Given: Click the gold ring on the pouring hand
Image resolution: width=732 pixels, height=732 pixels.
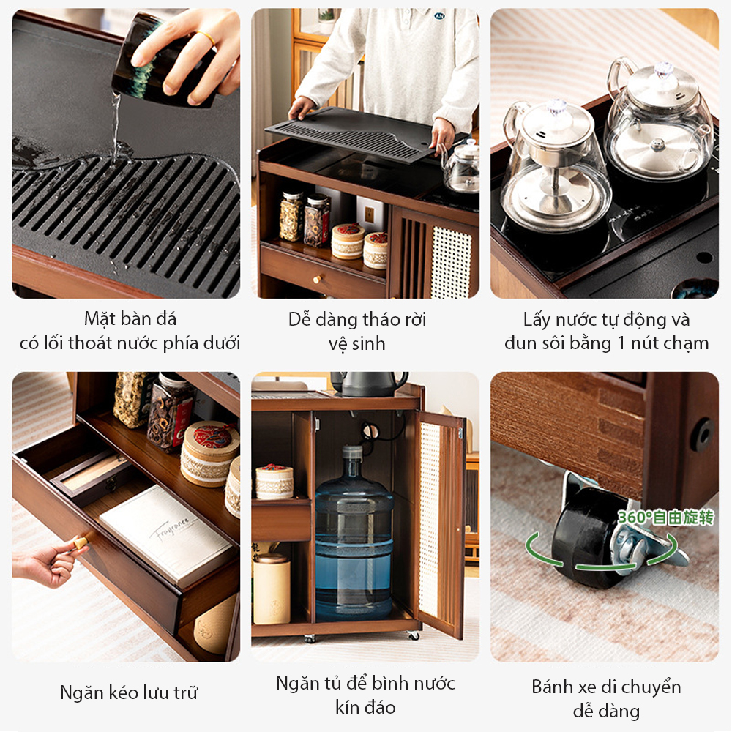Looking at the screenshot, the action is click(205, 38).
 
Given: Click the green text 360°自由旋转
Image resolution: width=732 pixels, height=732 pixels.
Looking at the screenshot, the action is click(666, 518).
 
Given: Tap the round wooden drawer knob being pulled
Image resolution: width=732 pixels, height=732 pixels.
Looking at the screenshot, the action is click(80, 543).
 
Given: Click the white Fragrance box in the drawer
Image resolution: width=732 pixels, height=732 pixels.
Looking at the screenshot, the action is click(165, 534).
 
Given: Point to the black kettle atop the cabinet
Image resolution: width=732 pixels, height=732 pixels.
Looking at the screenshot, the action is click(369, 383).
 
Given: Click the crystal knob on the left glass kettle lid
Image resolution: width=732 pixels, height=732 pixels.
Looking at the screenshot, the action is click(556, 106).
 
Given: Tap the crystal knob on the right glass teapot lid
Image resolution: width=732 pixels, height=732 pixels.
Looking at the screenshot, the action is click(663, 70).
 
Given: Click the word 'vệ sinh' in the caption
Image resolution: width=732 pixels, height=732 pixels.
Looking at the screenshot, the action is click(357, 344).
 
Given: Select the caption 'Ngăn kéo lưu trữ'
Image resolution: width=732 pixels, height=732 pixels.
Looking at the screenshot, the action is click(129, 692).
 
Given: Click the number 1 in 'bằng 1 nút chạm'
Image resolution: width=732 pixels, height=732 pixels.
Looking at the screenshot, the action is click(621, 343).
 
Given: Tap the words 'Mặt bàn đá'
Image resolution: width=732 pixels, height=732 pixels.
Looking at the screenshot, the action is click(130, 319).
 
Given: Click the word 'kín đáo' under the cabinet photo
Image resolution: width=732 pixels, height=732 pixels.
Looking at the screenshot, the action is click(365, 707).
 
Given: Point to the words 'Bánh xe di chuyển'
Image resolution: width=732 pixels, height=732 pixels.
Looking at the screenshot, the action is click(606, 687).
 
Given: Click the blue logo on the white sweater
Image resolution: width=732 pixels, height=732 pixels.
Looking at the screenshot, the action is click(439, 15).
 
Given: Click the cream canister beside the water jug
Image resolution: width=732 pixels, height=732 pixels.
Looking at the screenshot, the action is click(272, 589).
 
